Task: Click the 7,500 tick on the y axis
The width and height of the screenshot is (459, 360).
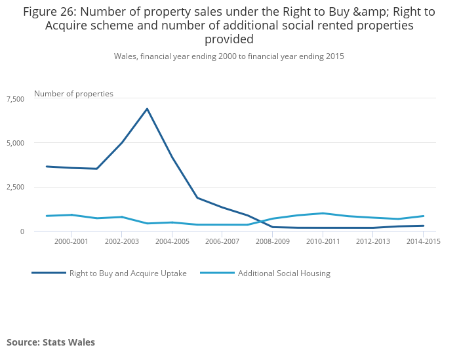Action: click(x=15, y=98)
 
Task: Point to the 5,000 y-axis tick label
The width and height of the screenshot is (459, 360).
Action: click(x=15, y=143)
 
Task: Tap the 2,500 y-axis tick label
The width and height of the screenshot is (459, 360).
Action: click(x=15, y=188)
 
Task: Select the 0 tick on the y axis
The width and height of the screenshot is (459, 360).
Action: click(x=22, y=231)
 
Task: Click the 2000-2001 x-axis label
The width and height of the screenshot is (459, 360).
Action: click(x=71, y=242)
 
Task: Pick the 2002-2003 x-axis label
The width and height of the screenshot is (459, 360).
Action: click(x=121, y=242)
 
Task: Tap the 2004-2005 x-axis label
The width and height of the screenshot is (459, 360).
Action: click(x=172, y=242)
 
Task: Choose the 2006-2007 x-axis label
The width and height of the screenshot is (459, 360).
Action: click(x=222, y=242)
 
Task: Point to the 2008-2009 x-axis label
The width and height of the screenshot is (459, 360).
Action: click(x=273, y=242)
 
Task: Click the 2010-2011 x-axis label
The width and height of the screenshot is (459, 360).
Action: click(x=323, y=242)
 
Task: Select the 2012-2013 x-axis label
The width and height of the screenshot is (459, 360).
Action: click(x=374, y=242)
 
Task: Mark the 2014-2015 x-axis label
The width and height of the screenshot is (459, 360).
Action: click(x=424, y=242)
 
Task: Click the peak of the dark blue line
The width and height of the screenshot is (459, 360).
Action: click(x=147, y=109)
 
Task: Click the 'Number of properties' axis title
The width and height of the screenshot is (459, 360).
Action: click(x=73, y=94)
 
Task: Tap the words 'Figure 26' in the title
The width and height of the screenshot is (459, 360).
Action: click(x=49, y=11)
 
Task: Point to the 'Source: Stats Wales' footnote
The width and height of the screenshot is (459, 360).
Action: click(x=50, y=342)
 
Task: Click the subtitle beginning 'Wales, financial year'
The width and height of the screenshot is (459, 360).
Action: click(x=229, y=56)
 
